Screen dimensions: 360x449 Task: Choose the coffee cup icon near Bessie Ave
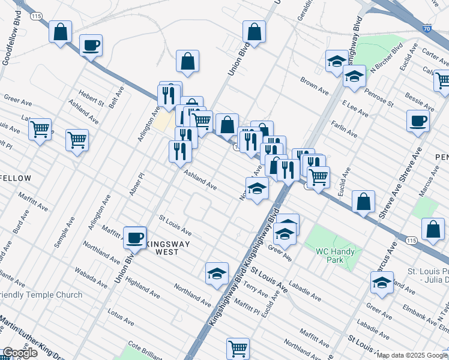[x=418, y=121]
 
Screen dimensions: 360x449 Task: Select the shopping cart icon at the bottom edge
[x=238, y=348]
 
